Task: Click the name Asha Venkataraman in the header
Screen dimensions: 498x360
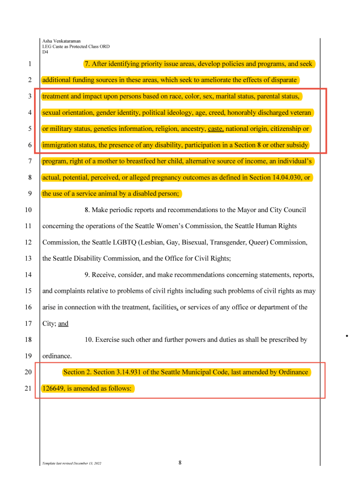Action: click(x=61, y=41)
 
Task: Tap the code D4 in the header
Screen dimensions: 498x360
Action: click(x=45, y=52)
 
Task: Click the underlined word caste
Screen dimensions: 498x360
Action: click(x=216, y=129)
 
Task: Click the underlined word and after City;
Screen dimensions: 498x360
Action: click(x=63, y=323)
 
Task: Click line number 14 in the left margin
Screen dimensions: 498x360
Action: click(x=29, y=275)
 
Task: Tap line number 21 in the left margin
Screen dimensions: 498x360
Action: click(x=29, y=389)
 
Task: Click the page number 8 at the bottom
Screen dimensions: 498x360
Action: click(x=180, y=462)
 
